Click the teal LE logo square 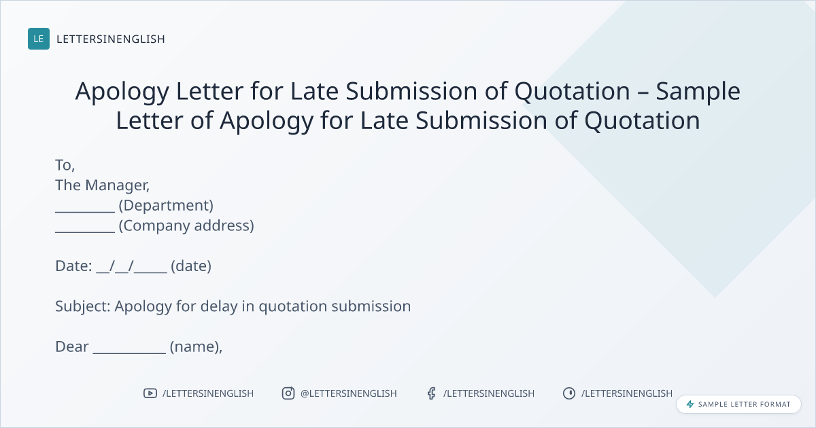click(x=39, y=39)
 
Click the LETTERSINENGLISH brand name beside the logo click(x=111, y=39)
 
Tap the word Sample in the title click(x=698, y=91)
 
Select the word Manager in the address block click(x=117, y=185)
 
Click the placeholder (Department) click(x=166, y=206)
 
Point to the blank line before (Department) click(x=85, y=211)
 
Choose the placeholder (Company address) click(x=186, y=226)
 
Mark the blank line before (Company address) click(x=85, y=232)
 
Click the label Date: click(x=73, y=266)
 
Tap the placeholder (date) click(x=191, y=266)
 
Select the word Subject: click(x=83, y=306)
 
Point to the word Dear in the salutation click(x=72, y=347)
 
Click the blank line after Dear click(x=129, y=353)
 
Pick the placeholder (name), click(x=196, y=347)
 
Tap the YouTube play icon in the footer click(x=150, y=393)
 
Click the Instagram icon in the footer click(x=288, y=393)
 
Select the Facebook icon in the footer click(x=431, y=393)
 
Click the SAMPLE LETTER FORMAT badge click(x=738, y=404)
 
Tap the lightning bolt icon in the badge click(x=690, y=404)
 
